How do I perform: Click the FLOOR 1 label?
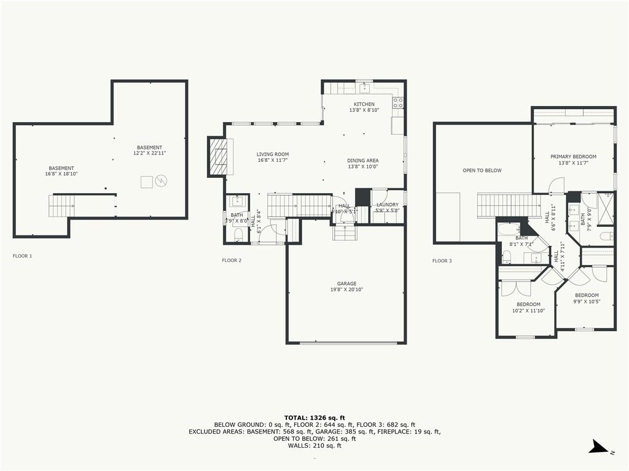tap(22, 256)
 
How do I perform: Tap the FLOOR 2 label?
tap(232, 261)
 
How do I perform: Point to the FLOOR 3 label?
tap(442, 261)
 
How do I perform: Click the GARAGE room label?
tap(346, 283)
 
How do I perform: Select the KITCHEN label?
tap(364, 104)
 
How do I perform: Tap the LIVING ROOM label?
tap(273, 155)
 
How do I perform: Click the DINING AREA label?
tap(363, 161)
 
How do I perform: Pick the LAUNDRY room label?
tap(388, 205)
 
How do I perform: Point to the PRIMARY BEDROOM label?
tap(573, 157)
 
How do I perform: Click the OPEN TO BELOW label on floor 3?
tap(482, 170)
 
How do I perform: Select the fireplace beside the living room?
tap(218, 156)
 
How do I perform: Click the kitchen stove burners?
tap(398, 102)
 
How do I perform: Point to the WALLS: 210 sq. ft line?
tap(314, 445)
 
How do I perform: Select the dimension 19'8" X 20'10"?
tap(346, 289)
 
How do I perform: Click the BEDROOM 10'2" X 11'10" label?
tap(528, 307)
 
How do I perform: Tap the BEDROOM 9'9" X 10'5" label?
tap(587, 298)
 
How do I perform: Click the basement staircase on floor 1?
tap(61, 205)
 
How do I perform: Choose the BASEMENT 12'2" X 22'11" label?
tap(150, 150)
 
